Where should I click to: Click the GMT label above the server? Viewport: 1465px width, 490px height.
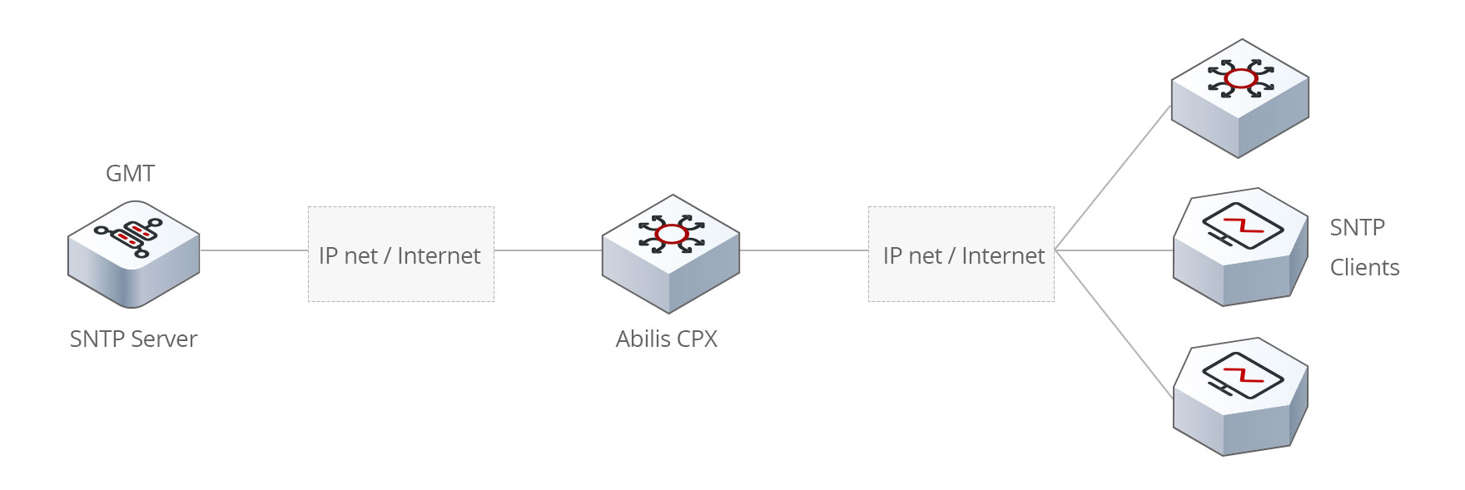(130, 174)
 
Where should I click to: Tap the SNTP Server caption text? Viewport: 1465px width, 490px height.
(133, 339)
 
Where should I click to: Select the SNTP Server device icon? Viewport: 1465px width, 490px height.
(133, 253)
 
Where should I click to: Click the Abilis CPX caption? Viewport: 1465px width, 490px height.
(666, 339)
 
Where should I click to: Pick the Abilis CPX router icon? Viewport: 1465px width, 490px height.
(671, 254)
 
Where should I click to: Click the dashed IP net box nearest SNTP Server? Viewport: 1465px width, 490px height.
(400, 254)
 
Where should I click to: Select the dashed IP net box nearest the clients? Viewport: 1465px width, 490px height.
(961, 254)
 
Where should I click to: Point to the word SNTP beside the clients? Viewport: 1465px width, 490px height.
(1357, 227)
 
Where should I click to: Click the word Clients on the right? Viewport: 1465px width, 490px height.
(1364, 268)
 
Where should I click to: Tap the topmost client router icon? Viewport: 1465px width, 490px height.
(1239, 98)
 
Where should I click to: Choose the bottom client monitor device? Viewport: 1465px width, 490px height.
(1240, 397)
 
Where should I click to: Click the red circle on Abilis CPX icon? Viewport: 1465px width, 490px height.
(671, 234)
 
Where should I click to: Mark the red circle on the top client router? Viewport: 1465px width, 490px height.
(1240, 79)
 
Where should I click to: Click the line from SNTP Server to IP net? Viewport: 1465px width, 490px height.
(254, 250)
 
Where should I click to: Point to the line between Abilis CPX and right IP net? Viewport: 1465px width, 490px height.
(803, 250)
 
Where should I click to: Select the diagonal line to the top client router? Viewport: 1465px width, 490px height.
(1113, 177)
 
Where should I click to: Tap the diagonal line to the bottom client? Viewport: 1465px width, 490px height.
(1113, 323)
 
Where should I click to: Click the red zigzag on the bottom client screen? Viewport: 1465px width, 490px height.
(1243, 374)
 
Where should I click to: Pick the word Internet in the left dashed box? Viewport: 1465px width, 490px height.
(439, 255)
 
